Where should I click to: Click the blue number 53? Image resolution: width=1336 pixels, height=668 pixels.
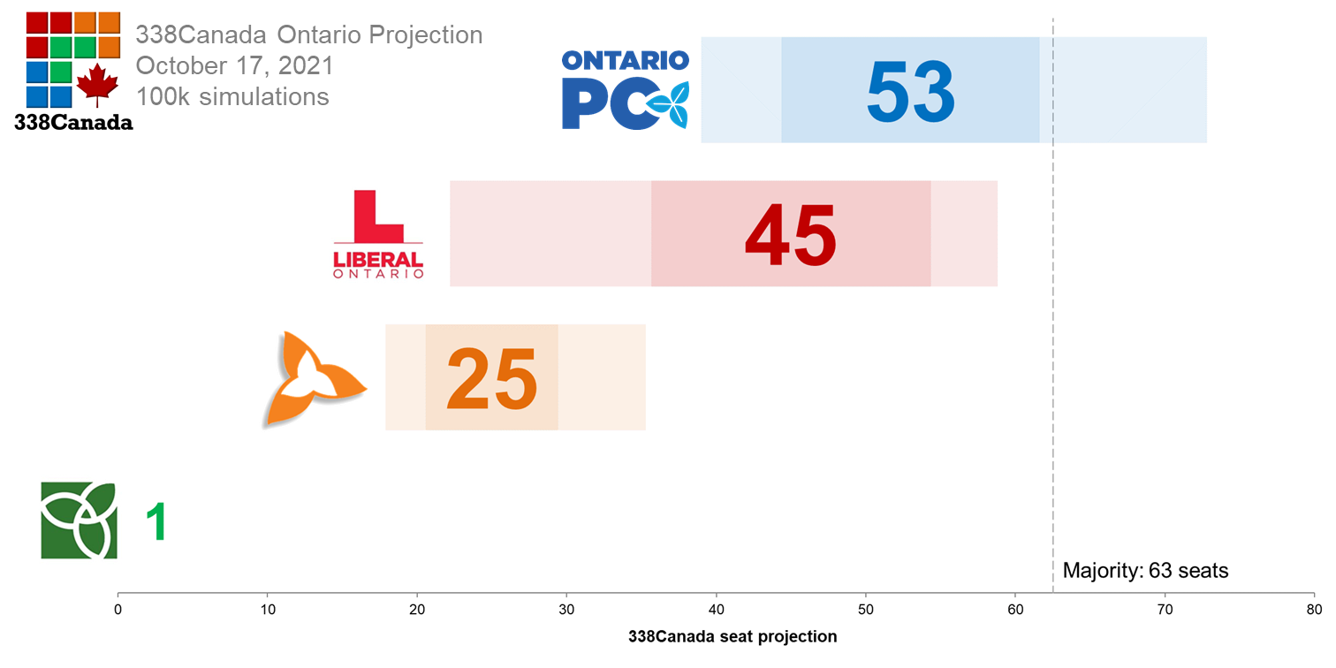(910, 91)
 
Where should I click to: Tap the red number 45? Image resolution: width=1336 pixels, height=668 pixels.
(790, 235)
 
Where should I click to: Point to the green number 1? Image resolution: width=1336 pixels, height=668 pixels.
(156, 521)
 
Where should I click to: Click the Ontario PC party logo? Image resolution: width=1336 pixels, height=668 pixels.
(626, 89)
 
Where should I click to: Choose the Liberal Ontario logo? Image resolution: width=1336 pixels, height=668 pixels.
(377, 234)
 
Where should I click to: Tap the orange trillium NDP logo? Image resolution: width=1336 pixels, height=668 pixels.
(314, 379)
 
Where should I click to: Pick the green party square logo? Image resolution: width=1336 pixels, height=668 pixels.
(79, 520)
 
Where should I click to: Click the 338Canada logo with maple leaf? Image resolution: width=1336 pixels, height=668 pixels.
(73, 71)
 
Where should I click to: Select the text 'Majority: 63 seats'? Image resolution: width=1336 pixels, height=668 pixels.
(1145, 571)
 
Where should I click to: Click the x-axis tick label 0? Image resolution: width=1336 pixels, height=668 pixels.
(118, 610)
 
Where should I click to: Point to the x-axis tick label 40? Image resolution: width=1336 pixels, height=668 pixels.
(717, 610)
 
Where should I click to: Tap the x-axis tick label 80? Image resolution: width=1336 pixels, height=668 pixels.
(1314, 610)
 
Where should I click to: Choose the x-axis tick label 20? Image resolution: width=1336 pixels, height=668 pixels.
(417, 610)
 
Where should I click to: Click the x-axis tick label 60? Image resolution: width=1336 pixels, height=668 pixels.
(1015, 610)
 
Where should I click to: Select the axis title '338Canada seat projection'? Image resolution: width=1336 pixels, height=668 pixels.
(733, 636)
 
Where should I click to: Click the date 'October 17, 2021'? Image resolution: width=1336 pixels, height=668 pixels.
(234, 65)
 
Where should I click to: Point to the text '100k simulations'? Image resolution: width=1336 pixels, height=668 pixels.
(232, 96)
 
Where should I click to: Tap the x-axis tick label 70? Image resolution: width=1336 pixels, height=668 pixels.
(1165, 610)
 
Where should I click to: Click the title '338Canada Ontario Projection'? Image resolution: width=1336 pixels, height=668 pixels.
(308, 35)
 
